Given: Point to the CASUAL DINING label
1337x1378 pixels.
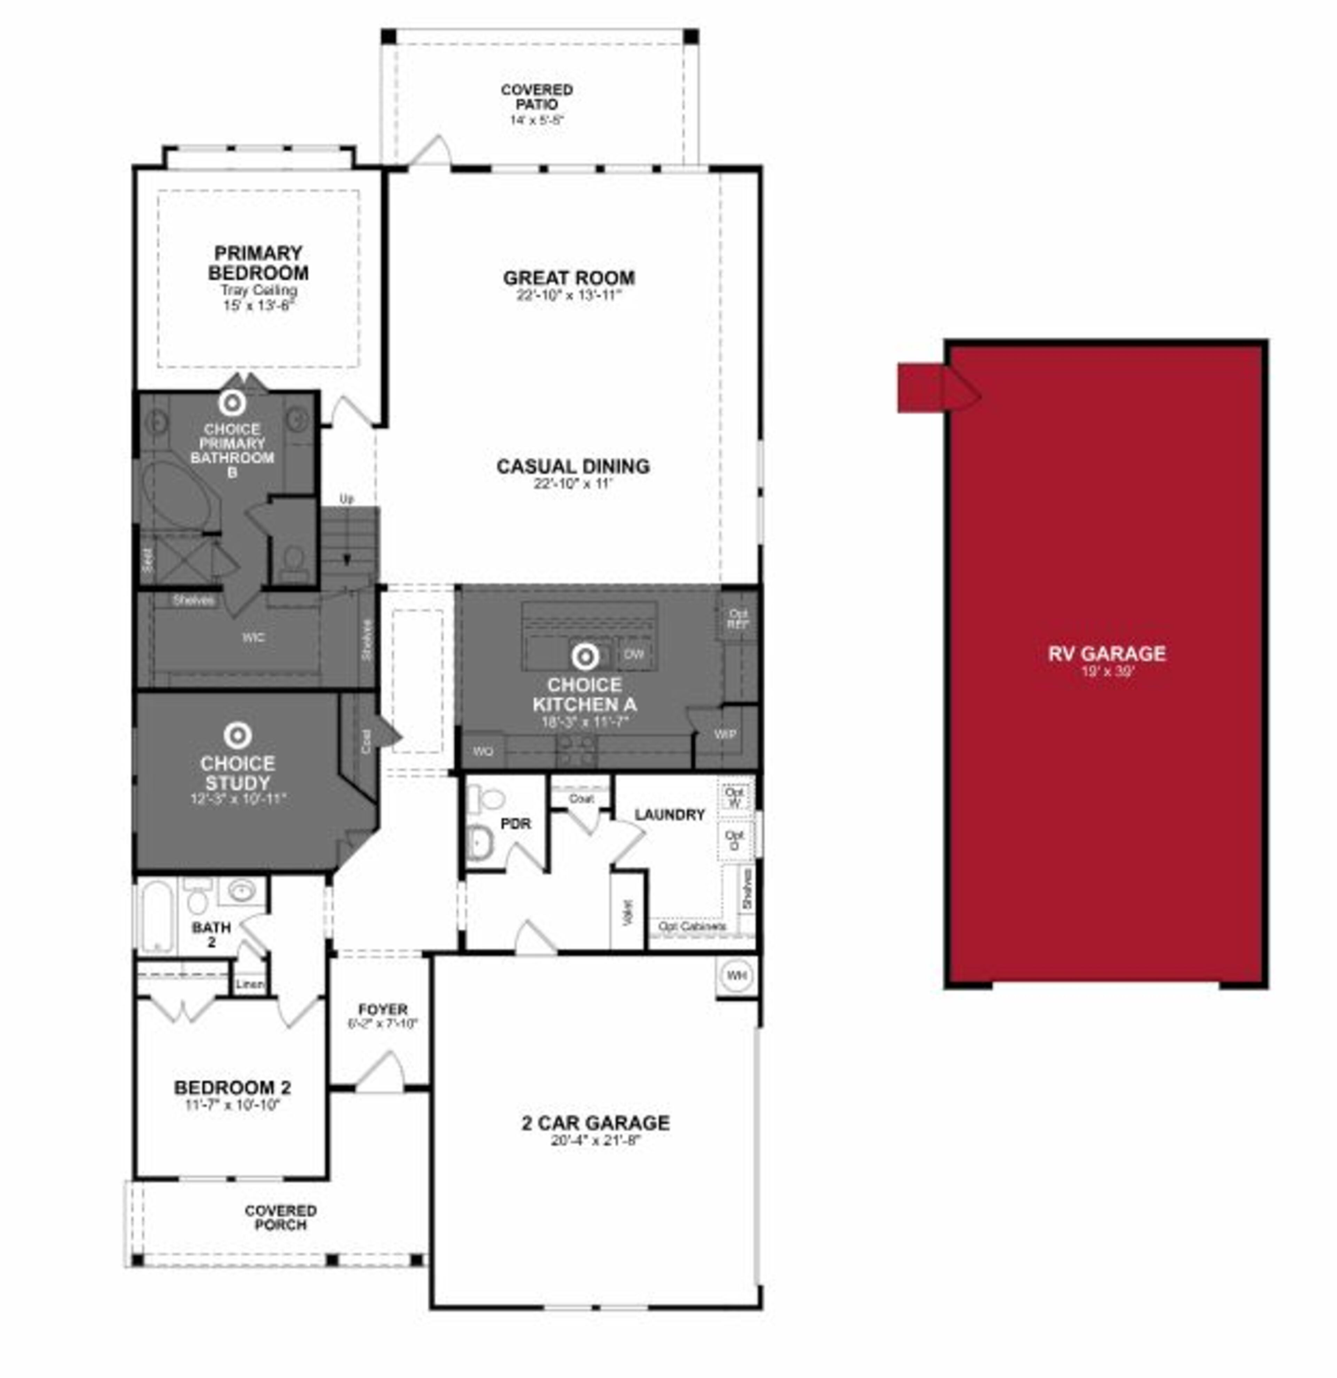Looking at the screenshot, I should pos(573,466).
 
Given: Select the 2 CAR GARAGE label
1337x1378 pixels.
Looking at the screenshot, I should pos(595,1123).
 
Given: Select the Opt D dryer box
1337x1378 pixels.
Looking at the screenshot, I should pos(735,840).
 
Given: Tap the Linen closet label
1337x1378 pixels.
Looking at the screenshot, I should pos(250,984).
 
